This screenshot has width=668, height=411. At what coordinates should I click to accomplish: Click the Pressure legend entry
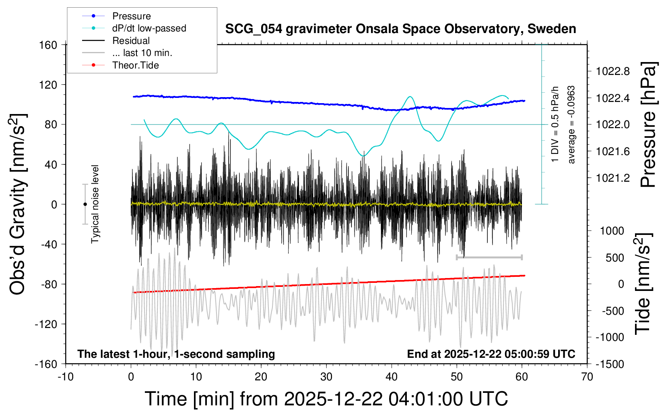coord(131,16)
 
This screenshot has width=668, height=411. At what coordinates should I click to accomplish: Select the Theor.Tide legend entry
coord(135,65)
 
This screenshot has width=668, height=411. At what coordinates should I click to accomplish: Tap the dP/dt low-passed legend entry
coord(149,28)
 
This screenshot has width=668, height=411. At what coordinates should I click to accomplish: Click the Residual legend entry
coord(131,41)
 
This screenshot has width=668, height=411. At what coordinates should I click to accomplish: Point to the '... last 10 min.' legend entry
coord(142,53)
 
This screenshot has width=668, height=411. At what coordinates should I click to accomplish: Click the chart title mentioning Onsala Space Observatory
coord(400,29)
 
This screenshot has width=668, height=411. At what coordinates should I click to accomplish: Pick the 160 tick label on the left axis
coord(48,45)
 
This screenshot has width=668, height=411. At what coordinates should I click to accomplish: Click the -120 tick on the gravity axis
coord(46,324)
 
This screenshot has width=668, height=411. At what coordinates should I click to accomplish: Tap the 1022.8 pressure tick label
coord(613,71)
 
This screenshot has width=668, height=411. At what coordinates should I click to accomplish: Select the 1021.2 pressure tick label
coord(613,178)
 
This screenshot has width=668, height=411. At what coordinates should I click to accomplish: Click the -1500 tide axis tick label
coord(610,364)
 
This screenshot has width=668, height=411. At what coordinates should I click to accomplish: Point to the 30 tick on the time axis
coord(326,377)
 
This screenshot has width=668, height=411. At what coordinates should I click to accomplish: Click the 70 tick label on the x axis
coord(587,377)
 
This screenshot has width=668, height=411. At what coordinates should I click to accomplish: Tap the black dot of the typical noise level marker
coord(85,204)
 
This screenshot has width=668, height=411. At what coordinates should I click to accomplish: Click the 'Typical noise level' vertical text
coord(95,204)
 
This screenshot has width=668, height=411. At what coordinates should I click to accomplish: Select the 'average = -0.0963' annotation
coord(571,125)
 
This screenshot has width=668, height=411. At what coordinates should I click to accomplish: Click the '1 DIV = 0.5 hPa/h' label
coord(555,125)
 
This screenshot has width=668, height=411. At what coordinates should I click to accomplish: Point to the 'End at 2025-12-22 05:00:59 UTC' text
coord(491,354)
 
